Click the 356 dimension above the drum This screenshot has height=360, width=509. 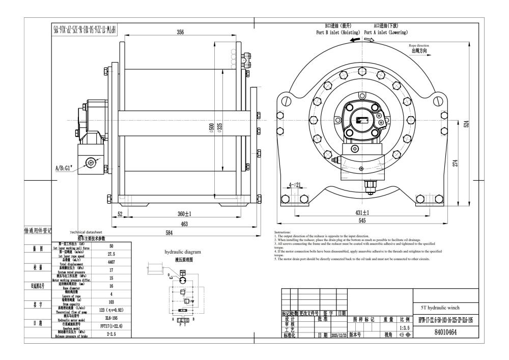(180, 32)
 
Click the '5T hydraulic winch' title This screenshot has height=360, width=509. (438, 308)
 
